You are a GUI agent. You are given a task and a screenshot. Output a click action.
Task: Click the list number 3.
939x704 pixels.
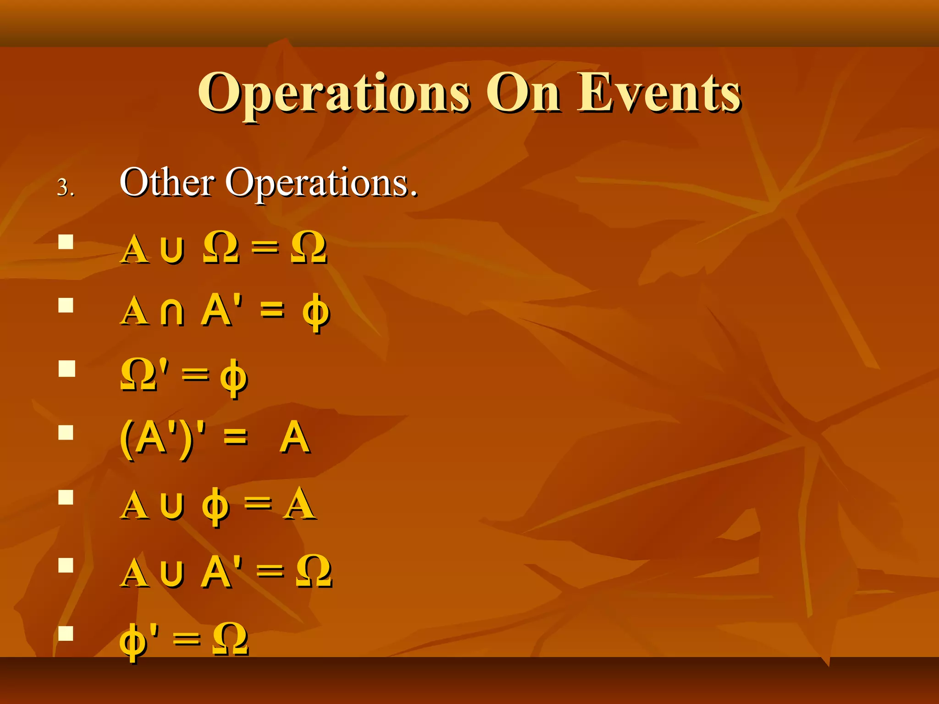[65, 188]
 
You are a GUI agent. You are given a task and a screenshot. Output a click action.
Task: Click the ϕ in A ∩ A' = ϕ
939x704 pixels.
[316, 314]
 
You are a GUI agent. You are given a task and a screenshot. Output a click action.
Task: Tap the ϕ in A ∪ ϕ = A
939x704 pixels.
[215, 506]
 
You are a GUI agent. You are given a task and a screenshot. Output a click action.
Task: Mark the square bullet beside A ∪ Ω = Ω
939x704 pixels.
[66, 242]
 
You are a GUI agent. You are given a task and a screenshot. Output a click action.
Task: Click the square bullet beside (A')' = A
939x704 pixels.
[66, 432]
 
